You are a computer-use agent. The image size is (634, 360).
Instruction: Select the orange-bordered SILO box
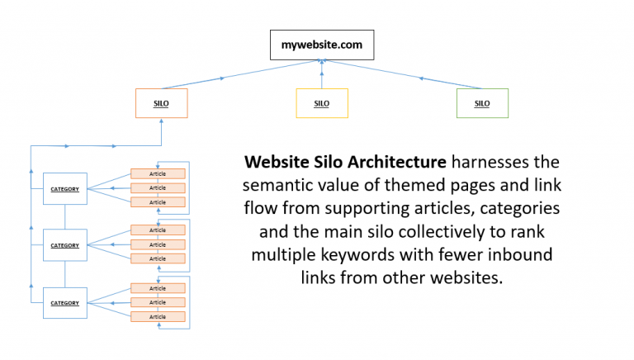162,103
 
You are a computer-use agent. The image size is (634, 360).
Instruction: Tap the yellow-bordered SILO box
322,103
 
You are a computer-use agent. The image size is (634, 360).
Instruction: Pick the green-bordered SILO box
482,103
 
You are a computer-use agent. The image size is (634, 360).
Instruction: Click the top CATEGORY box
64,189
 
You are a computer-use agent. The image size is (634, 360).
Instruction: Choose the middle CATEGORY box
64,245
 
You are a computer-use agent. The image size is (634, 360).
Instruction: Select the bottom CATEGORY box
64,303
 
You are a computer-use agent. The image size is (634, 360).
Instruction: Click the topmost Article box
158,174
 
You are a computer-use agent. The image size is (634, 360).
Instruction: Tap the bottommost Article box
158,317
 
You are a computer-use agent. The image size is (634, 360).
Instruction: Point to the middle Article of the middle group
158,244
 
